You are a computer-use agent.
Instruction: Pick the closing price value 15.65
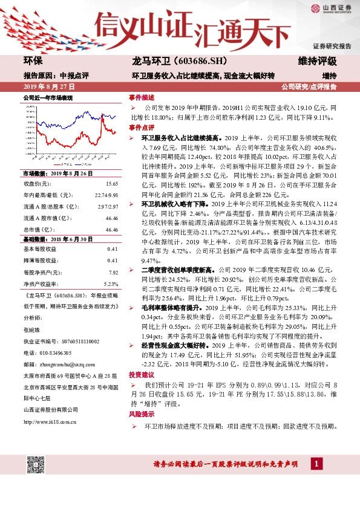[111, 184]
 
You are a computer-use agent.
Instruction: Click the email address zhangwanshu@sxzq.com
[60, 364]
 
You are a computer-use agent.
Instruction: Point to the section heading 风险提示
[137, 414]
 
